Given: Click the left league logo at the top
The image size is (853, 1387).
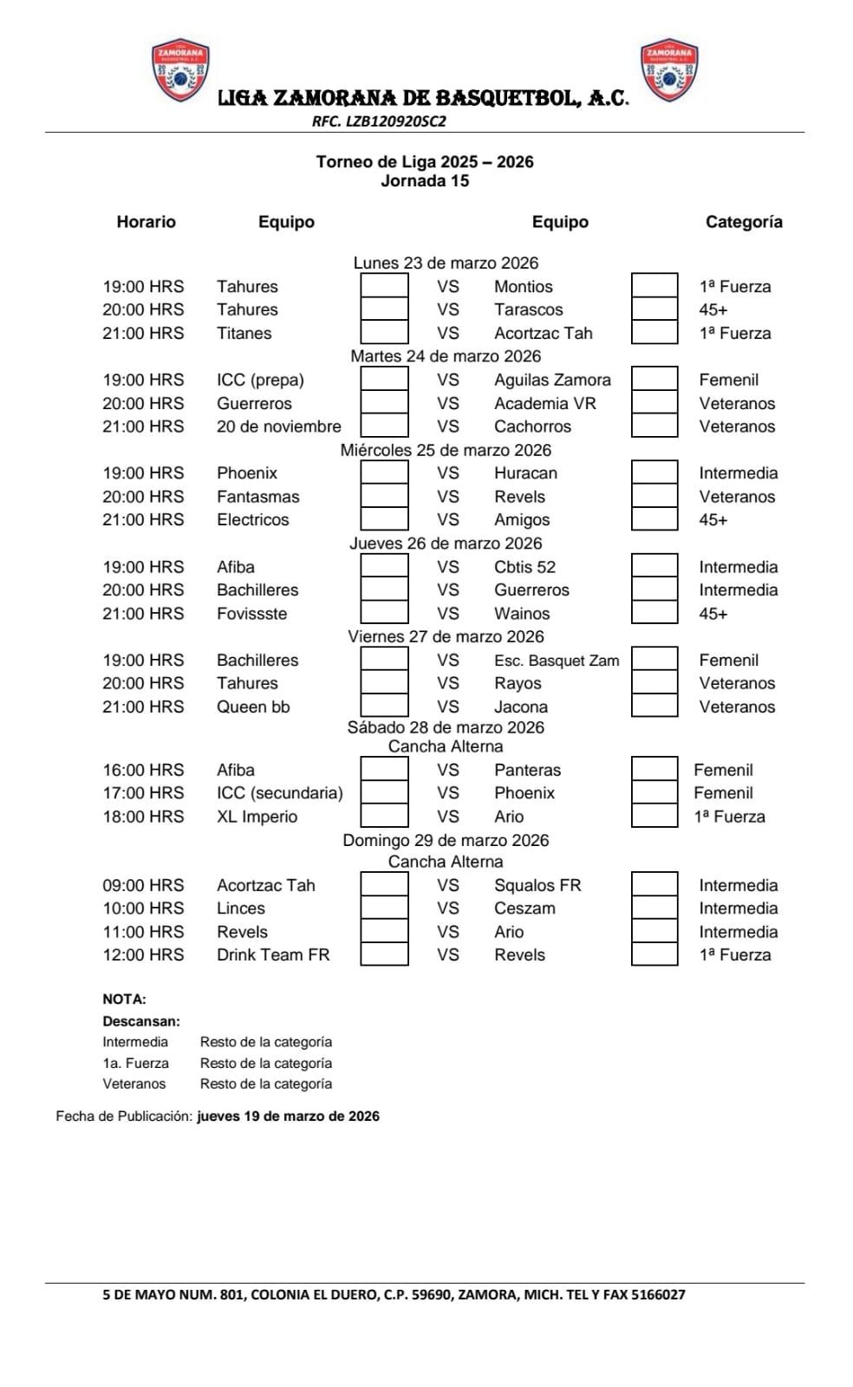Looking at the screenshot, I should (x=179, y=70).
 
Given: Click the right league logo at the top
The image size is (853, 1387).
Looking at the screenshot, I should (x=668, y=70).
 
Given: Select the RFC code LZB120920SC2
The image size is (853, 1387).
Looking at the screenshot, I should (x=379, y=121).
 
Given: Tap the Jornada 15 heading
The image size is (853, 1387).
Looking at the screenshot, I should (x=425, y=180).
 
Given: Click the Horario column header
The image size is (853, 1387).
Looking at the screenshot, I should (x=146, y=222).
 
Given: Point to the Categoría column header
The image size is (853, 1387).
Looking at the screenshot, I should (x=743, y=222).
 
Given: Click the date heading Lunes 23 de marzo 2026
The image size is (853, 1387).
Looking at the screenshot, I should (x=446, y=263).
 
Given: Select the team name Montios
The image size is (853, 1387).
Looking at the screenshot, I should (x=523, y=286).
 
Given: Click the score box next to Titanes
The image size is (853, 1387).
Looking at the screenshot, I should (x=384, y=333).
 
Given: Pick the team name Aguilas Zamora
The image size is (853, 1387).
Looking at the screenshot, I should (x=552, y=380).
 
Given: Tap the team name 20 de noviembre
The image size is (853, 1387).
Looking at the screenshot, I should (x=278, y=427).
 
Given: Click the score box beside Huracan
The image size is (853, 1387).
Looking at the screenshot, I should (x=654, y=473).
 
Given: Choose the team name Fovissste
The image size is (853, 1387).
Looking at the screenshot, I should (x=251, y=614).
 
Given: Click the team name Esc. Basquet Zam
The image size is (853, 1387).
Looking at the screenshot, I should (x=557, y=661).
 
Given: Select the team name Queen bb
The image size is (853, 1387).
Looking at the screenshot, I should (x=253, y=707).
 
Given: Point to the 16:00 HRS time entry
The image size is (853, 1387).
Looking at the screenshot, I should (x=143, y=770).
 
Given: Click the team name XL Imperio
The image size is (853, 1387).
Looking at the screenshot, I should (x=257, y=817).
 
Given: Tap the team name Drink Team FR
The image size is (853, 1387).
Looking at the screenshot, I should (x=273, y=954).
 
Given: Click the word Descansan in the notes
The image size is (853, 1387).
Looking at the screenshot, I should (x=141, y=1021).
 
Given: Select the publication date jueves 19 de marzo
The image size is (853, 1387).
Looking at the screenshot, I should (x=288, y=1117).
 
